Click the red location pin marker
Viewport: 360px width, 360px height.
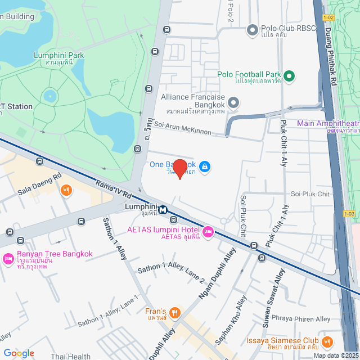pos(179,168)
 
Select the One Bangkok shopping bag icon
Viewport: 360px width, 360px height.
pos(205,166)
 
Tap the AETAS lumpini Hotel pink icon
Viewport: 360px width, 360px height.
pos(208,231)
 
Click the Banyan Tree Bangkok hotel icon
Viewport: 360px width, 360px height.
pos(8,259)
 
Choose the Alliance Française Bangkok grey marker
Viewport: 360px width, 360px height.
pos(233,102)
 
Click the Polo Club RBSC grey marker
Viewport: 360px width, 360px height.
pos(253,29)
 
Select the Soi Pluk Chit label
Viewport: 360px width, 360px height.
pos(310,194)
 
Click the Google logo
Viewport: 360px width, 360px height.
pos(19,353)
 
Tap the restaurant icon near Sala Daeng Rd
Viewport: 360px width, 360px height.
pos(66,191)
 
